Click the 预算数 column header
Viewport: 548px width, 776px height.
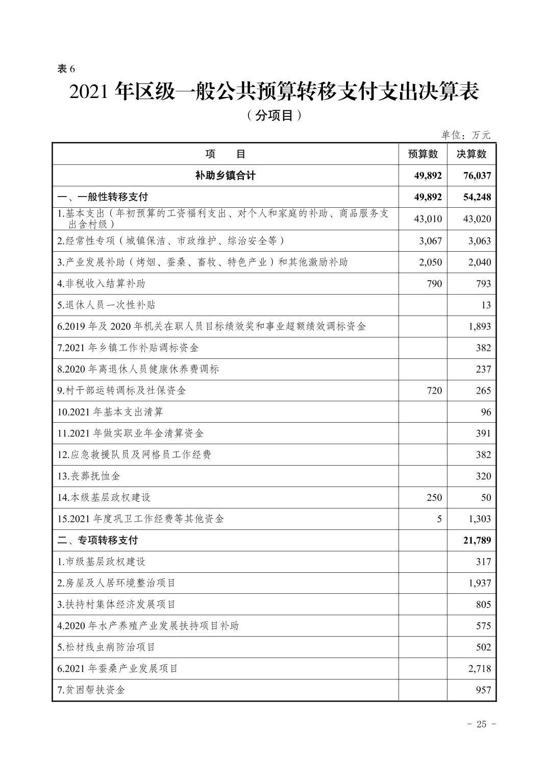tap(423, 154)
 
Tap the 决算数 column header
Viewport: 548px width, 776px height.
tap(471, 154)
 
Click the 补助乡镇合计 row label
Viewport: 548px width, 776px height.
tap(225, 176)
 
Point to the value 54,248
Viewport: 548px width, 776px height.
tap(477, 197)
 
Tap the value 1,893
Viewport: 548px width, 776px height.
tap(480, 326)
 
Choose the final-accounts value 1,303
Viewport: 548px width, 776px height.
tap(480, 519)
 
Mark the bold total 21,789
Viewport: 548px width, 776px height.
tap(477, 540)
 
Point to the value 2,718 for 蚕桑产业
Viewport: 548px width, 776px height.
tap(480, 668)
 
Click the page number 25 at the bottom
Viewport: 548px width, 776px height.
tap(481, 724)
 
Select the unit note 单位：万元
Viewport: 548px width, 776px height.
tap(465, 135)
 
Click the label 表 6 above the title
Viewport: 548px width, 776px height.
tap(66, 69)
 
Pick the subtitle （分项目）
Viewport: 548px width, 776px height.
tap(273, 116)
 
